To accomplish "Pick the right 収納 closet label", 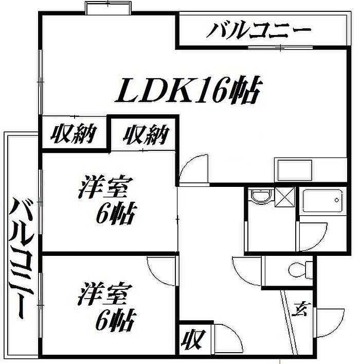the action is pos(146,135).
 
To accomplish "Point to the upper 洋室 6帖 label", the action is pos(107,200).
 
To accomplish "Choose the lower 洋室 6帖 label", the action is pos(106,306).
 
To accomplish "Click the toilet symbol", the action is pos(300,270).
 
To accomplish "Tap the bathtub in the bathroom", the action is pos(323,201).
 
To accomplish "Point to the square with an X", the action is pos(284,197).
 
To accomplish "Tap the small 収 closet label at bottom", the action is pos(193,340).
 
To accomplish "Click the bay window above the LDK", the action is pos(109,8).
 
